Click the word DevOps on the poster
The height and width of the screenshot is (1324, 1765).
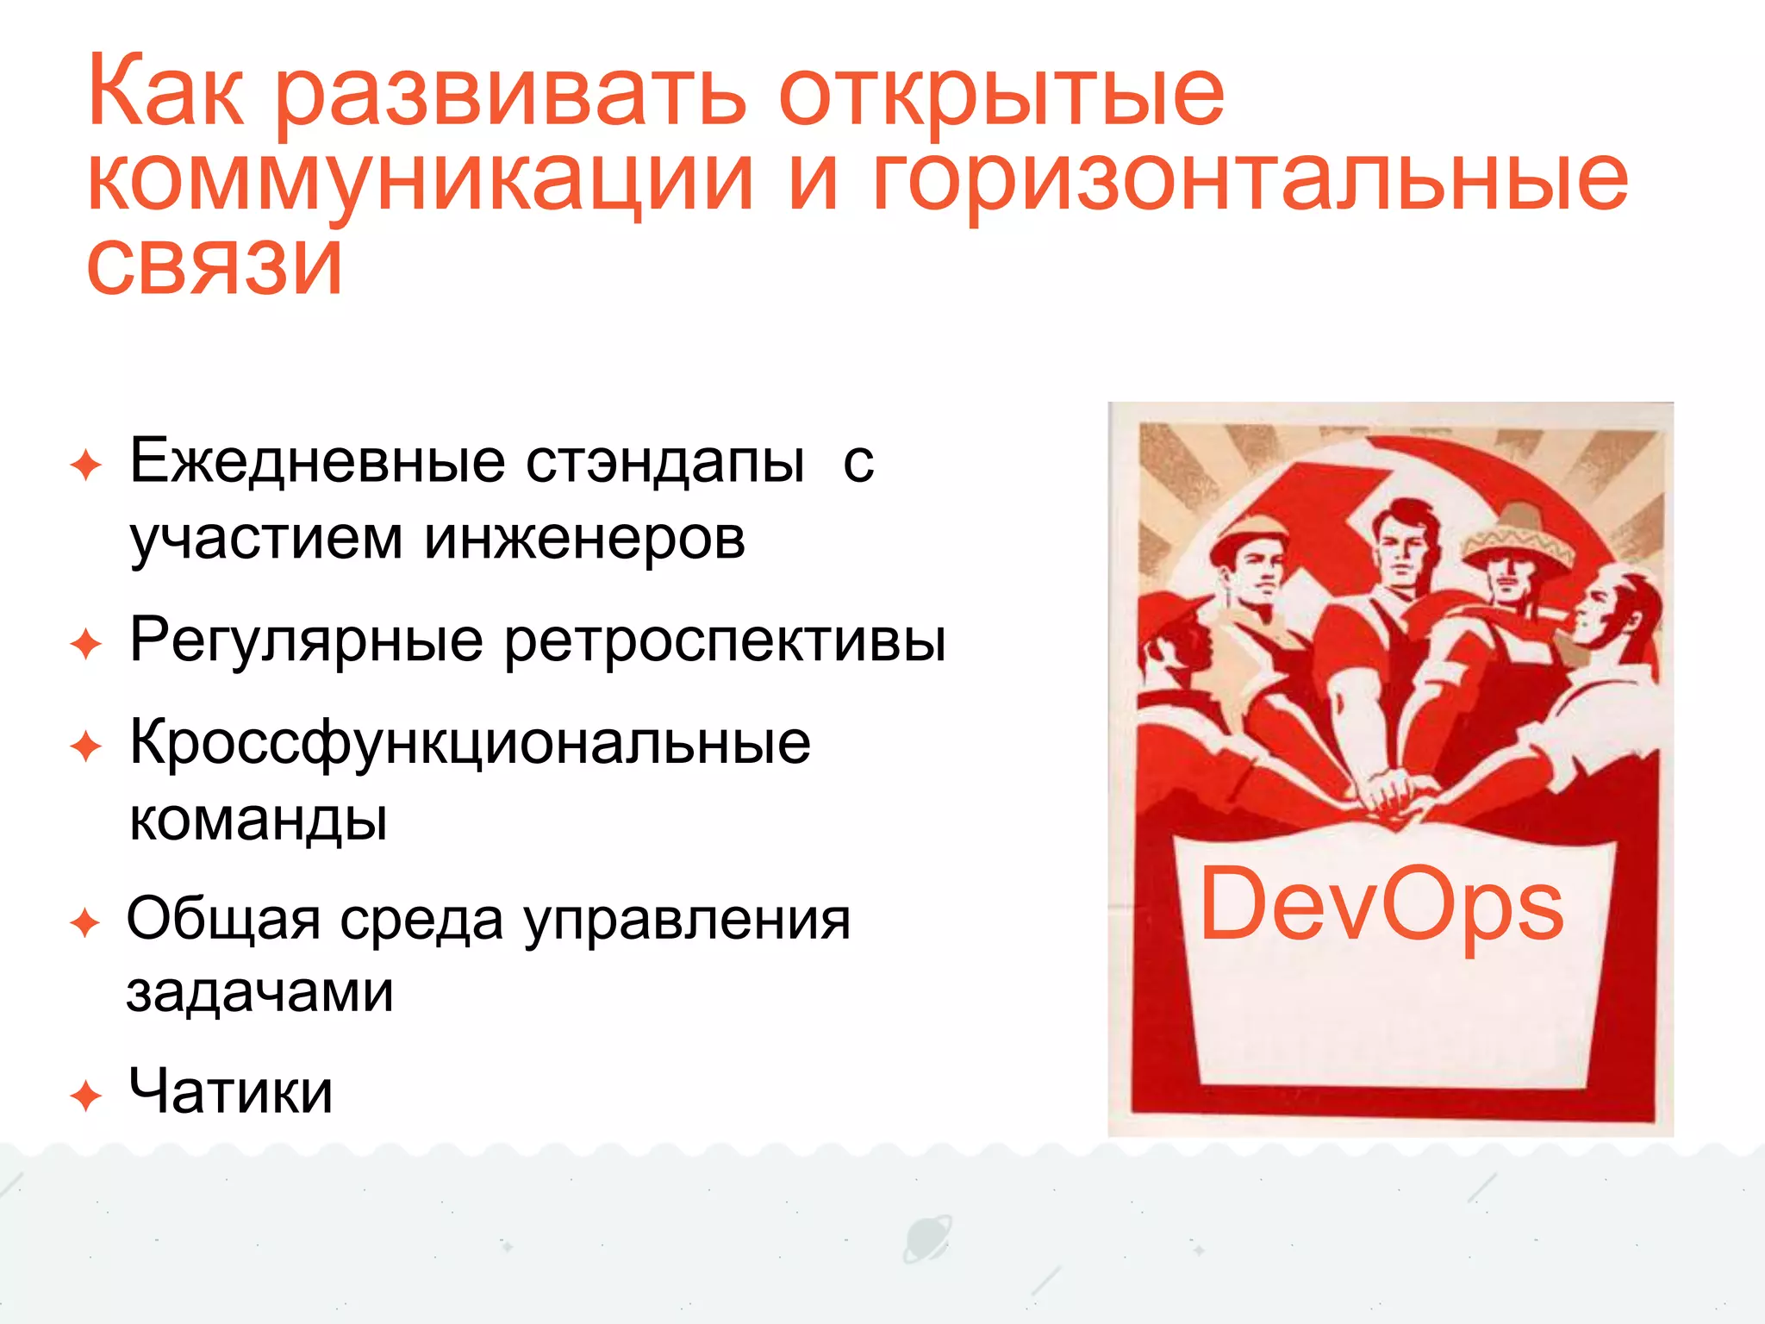tap(1381, 905)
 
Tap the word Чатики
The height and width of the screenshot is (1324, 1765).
tap(230, 1091)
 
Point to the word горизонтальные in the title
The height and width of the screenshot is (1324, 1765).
tap(1250, 181)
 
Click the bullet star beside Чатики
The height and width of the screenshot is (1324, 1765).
tap(86, 1096)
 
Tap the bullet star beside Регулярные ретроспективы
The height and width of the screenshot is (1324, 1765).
tap(86, 644)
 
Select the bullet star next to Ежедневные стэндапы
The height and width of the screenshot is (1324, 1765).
tap(86, 465)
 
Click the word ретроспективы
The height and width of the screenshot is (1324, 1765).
tap(725, 642)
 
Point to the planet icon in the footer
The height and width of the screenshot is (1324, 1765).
tap(927, 1239)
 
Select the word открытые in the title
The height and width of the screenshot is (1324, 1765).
tap(1001, 95)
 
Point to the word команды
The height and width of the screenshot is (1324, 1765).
tap(258, 819)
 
